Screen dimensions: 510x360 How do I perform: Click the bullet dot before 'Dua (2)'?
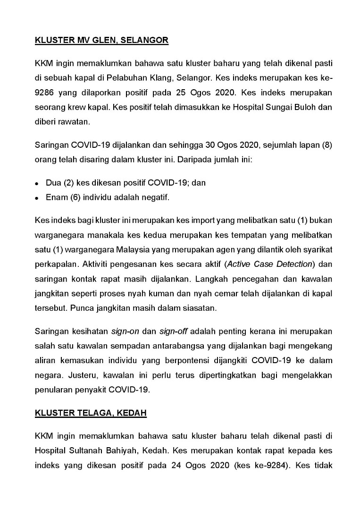(x=37, y=183)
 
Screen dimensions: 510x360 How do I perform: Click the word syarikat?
(x=317, y=248)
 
